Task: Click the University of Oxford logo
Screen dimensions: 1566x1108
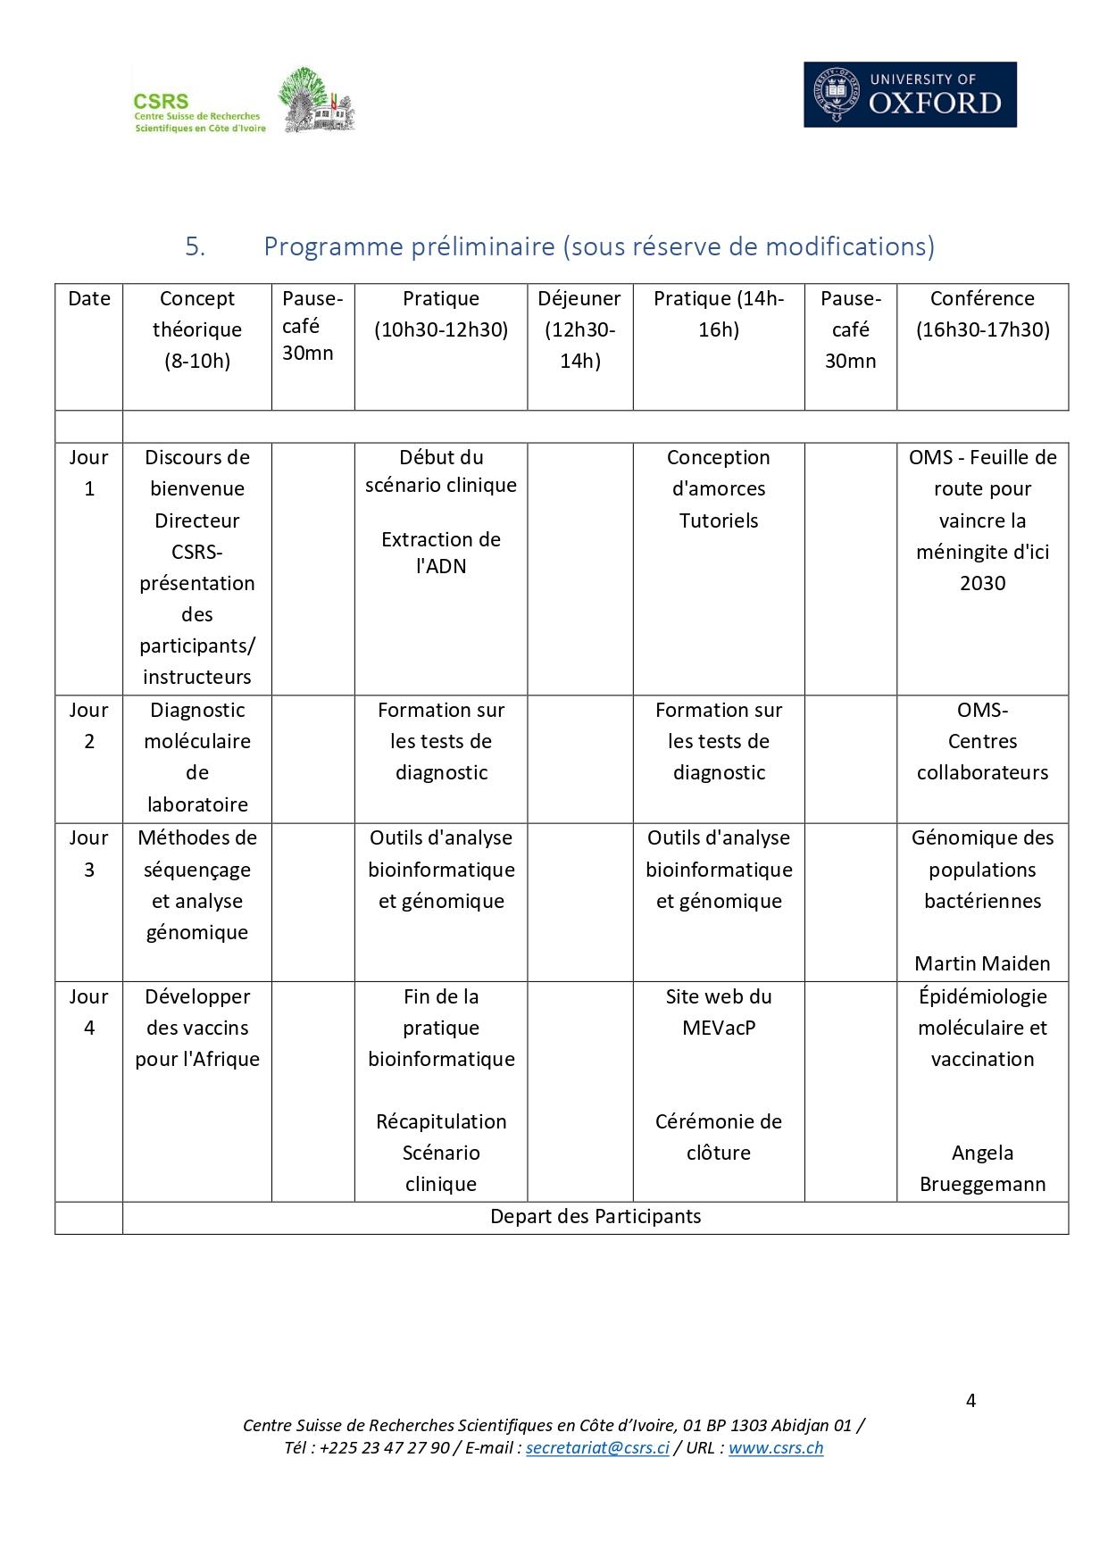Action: (x=910, y=94)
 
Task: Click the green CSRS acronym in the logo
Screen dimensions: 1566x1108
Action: (x=161, y=102)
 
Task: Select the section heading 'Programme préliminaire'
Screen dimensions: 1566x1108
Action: (x=598, y=246)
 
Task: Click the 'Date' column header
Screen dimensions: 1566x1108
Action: (x=89, y=299)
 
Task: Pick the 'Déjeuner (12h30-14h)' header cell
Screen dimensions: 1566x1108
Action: (x=579, y=329)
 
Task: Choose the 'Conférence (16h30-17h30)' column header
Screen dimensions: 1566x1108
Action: (x=982, y=313)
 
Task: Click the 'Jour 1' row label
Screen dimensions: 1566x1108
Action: (x=89, y=473)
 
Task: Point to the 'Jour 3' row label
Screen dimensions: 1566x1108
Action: (x=89, y=854)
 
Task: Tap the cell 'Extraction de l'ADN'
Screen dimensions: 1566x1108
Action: (x=441, y=553)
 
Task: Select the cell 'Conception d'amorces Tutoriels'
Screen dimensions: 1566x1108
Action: (x=719, y=488)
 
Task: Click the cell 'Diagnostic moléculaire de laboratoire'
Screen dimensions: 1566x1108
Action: (x=197, y=757)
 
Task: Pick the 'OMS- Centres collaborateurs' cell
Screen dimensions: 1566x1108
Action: (x=982, y=741)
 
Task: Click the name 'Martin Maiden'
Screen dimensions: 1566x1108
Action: (x=982, y=963)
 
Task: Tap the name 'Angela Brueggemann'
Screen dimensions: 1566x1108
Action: (x=982, y=1169)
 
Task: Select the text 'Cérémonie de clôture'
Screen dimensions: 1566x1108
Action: (x=719, y=1137)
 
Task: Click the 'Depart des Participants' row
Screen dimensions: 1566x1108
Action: (x=596, y=1217)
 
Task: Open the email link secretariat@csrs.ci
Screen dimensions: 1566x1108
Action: (x=597, y=1447)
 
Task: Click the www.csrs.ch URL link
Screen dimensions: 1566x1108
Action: (x=776, y=1447)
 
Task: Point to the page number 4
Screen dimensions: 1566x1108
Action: (x=971, y=1400)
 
